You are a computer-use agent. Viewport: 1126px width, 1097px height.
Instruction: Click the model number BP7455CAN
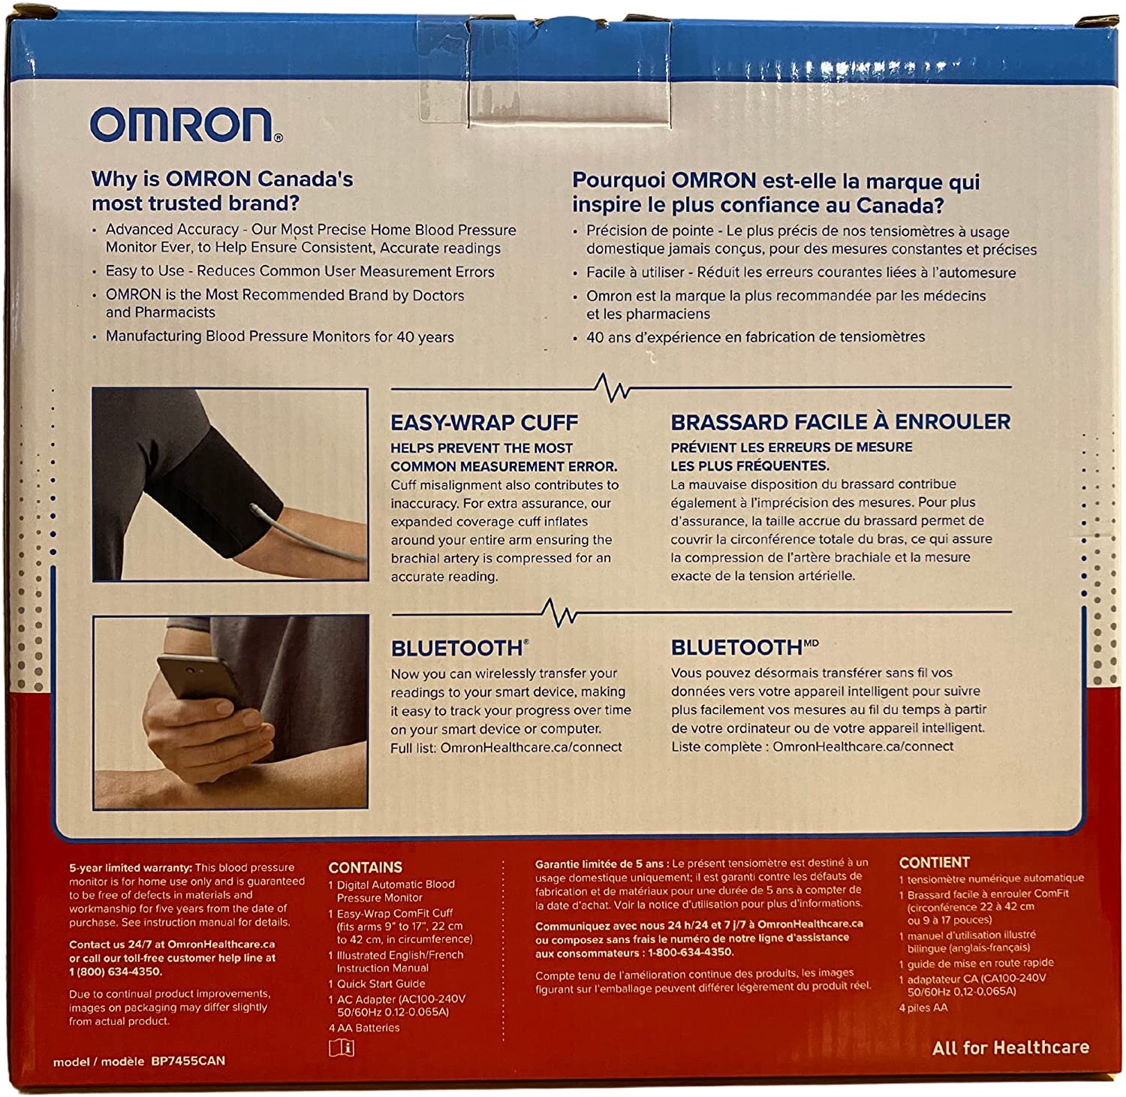(188, 1061)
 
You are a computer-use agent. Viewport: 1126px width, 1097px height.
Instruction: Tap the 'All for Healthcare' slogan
(1010, 1047)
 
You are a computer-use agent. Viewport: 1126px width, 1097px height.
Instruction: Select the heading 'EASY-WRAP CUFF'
(484, 423)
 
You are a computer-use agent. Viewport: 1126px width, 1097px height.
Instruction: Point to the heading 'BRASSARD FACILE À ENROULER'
(840, 422)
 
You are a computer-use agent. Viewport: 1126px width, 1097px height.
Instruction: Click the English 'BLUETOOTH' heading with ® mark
(459, 648)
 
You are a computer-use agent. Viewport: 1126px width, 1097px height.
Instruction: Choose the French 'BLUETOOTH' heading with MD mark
(743, 647)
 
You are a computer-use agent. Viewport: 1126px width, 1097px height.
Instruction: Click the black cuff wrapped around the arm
(218, 488)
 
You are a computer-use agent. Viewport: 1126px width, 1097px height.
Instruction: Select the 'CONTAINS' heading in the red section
(365, 867)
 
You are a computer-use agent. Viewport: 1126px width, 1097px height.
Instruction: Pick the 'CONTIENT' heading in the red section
(934, 863)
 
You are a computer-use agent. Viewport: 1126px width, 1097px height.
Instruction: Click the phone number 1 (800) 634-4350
(115, 972)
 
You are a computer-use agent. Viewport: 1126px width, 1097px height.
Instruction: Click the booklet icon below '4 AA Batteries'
(341, 1047)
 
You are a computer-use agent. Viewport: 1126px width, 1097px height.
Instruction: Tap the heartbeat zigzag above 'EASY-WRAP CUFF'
(612, 387)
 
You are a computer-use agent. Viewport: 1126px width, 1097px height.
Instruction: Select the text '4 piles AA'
(923, 1008)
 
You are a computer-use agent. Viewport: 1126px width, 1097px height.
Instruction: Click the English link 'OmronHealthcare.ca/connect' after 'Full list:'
(531, 747)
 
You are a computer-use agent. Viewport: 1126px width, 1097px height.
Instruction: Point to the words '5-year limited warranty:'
(130, 867)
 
